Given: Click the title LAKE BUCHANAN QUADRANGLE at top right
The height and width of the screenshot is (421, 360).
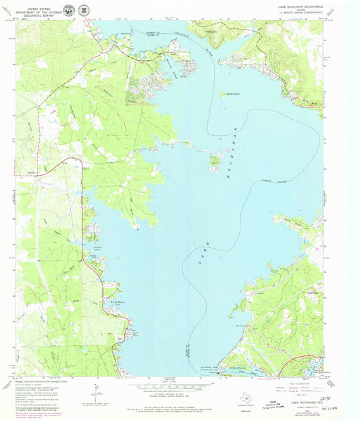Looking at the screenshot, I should point(301,5).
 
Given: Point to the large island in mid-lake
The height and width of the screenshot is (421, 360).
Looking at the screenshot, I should point(215,161).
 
